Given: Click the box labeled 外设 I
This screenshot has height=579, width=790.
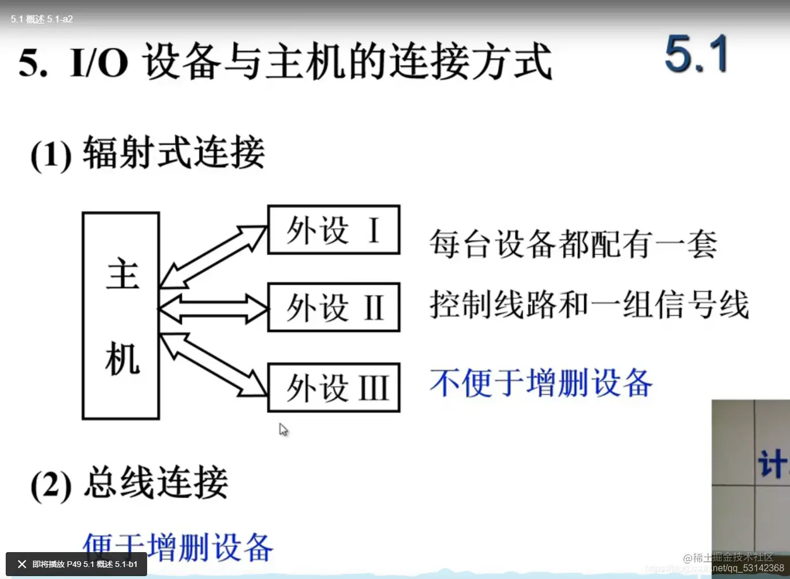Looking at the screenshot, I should [x=334, y=229].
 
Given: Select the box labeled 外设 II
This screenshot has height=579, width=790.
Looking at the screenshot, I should [x=334, y=307].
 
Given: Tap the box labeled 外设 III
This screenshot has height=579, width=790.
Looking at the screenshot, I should [x=334, y=387].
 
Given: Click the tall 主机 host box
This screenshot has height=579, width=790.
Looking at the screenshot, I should [x=121, y=316].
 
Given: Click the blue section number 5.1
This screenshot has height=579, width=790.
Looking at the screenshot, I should [x=696, y=54].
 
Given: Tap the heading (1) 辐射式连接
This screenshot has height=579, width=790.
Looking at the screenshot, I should [x=148, y=153].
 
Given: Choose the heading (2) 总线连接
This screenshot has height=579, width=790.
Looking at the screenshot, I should [x=129, y=483].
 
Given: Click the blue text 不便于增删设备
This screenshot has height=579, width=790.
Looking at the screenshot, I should [x=541, y=383].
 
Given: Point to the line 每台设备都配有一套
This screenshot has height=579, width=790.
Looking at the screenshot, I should [x=573, y=244].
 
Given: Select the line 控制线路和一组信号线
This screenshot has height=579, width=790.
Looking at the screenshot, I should [x=589, y=304].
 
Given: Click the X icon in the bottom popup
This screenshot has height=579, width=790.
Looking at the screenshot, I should [x=22, y=564].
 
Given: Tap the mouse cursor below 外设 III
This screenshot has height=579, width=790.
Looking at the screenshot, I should [x=283, y=430].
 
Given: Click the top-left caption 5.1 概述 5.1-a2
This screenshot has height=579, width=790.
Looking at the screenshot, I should [x=42, y=19].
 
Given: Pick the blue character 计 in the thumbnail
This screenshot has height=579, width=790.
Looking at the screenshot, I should [x=771, y=463].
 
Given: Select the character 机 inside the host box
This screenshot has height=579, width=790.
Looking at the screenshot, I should [x=123, y=359].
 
